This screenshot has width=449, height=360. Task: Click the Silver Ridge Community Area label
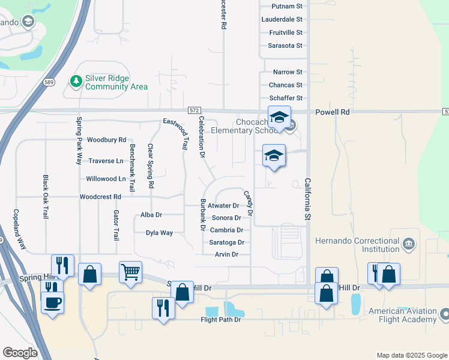pos(116,83)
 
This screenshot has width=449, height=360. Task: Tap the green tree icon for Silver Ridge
pos(76,80)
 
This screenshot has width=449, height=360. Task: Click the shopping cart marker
pos(130,272)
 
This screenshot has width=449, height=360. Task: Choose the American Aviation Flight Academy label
pos(402,316)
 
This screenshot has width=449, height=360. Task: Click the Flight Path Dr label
pos(220,320)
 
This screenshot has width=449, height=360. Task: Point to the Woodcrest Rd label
pos(100,196)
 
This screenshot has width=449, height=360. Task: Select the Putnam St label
pos(286,6)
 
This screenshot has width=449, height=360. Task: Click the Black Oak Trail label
pos(45,196)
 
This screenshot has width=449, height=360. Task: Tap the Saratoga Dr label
pos(226,242)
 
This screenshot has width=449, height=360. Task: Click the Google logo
pos(20,353)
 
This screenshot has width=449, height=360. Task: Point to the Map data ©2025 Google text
pos(411,355)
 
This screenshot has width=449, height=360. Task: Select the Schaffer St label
pos(286,98)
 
